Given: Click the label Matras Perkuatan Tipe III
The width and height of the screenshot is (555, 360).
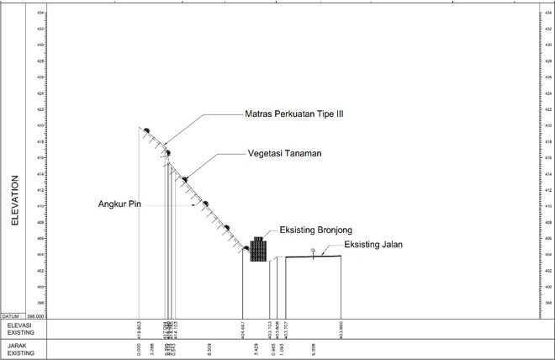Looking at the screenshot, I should (293, 114).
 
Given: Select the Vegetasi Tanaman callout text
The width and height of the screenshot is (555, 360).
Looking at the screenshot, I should (285, 154).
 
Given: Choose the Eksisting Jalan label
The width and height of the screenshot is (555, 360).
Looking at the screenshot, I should (373, 245).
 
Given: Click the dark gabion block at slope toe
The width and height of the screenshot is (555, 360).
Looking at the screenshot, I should (258, 250).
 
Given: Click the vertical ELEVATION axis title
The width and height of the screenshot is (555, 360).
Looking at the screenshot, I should (14, 202).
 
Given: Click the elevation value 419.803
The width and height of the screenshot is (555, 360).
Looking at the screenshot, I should (139, 328).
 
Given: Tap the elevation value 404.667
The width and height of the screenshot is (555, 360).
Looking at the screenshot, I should (243, 328).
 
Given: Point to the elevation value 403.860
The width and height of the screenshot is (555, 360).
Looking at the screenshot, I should (341, 328).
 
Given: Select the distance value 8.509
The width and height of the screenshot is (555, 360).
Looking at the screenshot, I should (208, 347).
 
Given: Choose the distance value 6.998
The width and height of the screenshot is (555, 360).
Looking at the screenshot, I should (313, 347).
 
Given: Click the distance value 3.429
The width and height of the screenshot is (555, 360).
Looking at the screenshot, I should (256, 347).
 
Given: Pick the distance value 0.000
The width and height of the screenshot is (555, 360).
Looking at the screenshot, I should (139, 347).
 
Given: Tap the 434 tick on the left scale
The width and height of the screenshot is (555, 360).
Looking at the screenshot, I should (41, 13).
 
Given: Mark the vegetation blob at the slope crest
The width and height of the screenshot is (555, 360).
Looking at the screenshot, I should (146, 130).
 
